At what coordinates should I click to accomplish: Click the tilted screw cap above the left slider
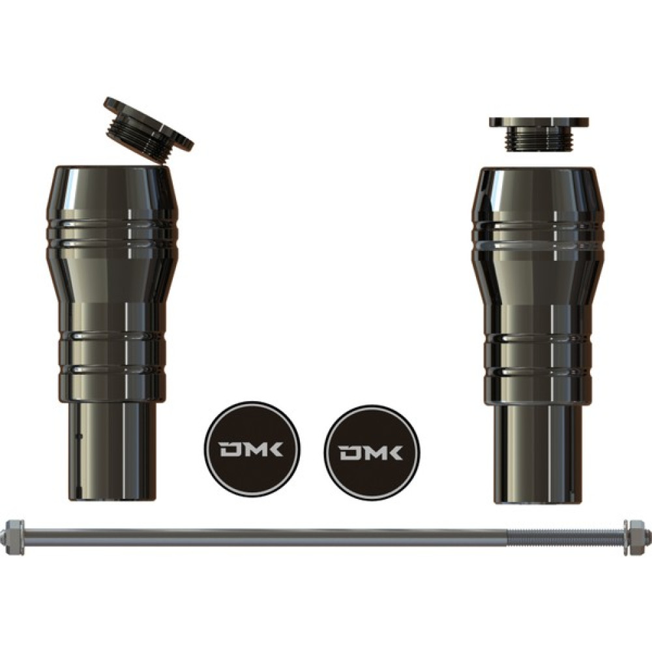(149, 127)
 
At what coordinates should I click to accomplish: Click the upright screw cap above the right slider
(539, 134)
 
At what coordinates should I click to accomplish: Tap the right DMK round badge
(372, 452)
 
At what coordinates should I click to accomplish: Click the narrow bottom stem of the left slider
(111, 452)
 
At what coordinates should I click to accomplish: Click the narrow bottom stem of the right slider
(539, 454)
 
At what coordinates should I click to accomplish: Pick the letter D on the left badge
(228, 449)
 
